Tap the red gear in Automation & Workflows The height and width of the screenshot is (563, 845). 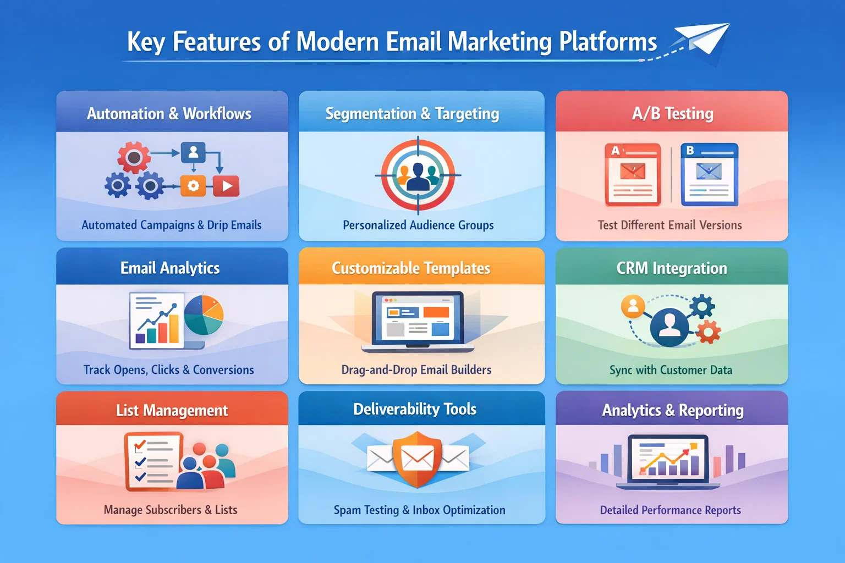[133, 157]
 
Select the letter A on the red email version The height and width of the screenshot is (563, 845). [615, 151]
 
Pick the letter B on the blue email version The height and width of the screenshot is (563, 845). [690, 150]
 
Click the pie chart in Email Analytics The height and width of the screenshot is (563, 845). [204, 315]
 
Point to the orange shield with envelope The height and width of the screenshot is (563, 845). [418, 459]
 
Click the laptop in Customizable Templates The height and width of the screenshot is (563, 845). [418, 322]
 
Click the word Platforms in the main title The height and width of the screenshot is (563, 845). [608, 42]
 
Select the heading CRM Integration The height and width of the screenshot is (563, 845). [671, 268]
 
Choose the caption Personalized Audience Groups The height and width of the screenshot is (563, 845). [418, 225]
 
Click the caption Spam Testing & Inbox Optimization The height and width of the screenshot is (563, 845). [419, 510]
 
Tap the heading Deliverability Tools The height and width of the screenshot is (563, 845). [415, 409]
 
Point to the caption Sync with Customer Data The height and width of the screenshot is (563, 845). [671, 370]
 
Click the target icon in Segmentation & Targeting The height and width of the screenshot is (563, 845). [418, 175]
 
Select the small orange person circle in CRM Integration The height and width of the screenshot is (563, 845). [633, 306]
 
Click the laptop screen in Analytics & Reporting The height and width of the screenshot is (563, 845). [668, 458]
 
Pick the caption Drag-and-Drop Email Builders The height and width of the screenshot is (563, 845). [416, 370]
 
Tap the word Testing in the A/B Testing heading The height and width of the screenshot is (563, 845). [689, 114]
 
